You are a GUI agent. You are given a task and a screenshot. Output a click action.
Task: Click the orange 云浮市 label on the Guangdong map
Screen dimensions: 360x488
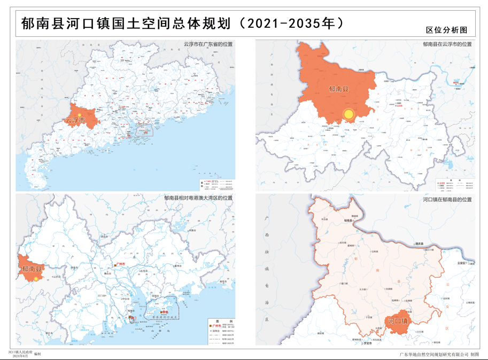click(x=75, y=120)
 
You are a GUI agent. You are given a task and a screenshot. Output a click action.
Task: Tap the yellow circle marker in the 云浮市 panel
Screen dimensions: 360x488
click(x=348, y=114)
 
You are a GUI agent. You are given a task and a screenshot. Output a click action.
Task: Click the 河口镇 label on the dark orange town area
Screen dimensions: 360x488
click(x=398, y=322)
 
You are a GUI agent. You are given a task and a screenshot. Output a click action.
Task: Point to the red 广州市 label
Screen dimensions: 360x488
click(x=123, y=265)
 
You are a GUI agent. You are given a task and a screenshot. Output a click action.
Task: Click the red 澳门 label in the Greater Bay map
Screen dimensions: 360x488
click(x=133, y=318)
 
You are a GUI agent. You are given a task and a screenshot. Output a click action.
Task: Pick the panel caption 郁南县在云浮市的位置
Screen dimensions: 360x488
click(x=447, y=44)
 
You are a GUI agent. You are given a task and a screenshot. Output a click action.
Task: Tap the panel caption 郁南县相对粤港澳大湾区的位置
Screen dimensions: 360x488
click(x=198, y=198)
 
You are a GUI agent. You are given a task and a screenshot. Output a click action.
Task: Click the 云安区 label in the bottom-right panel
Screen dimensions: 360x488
click(x=463, y=264)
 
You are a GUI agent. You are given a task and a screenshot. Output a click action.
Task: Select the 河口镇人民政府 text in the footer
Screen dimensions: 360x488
click(x=21, y=353)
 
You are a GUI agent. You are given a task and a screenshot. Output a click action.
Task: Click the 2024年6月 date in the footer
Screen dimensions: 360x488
click(x=20, y=357)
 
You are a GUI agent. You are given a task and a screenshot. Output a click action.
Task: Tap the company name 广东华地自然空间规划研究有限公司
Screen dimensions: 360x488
click(x=433, y=354)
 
